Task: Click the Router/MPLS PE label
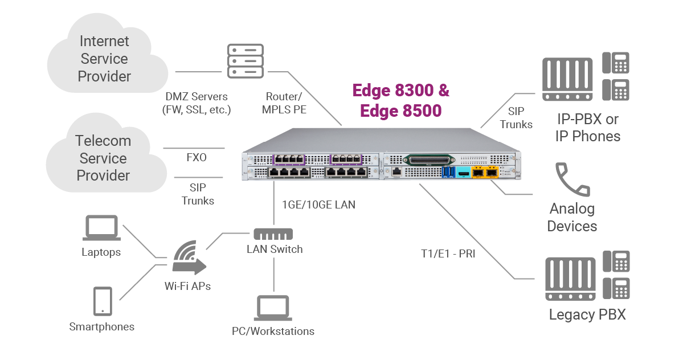(284, 103)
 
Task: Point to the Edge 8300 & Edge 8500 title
(400, 100)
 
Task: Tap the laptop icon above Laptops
(101, 228)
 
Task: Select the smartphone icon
(103, 300)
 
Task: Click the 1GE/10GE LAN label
(318, 204)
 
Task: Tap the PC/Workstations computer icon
(273, 308)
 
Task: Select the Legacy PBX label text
(587, 314)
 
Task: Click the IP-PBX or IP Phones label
(588, 128)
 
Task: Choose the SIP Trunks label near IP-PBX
(516, 118)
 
